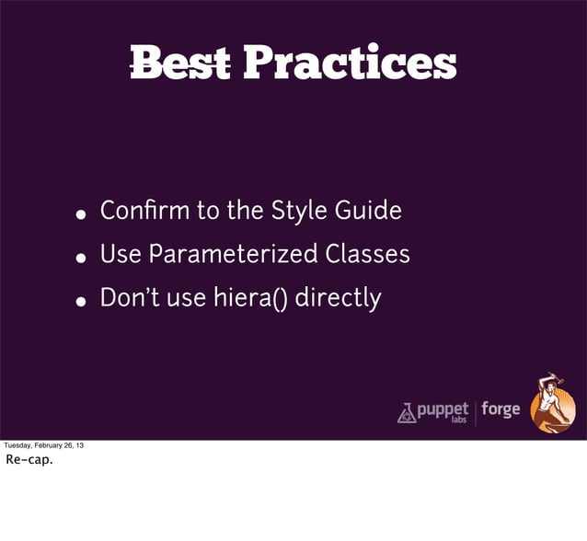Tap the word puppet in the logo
coord(443,408)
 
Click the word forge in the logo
coord(501,409)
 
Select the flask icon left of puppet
coord(406,413)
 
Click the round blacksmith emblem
coord(554,402)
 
